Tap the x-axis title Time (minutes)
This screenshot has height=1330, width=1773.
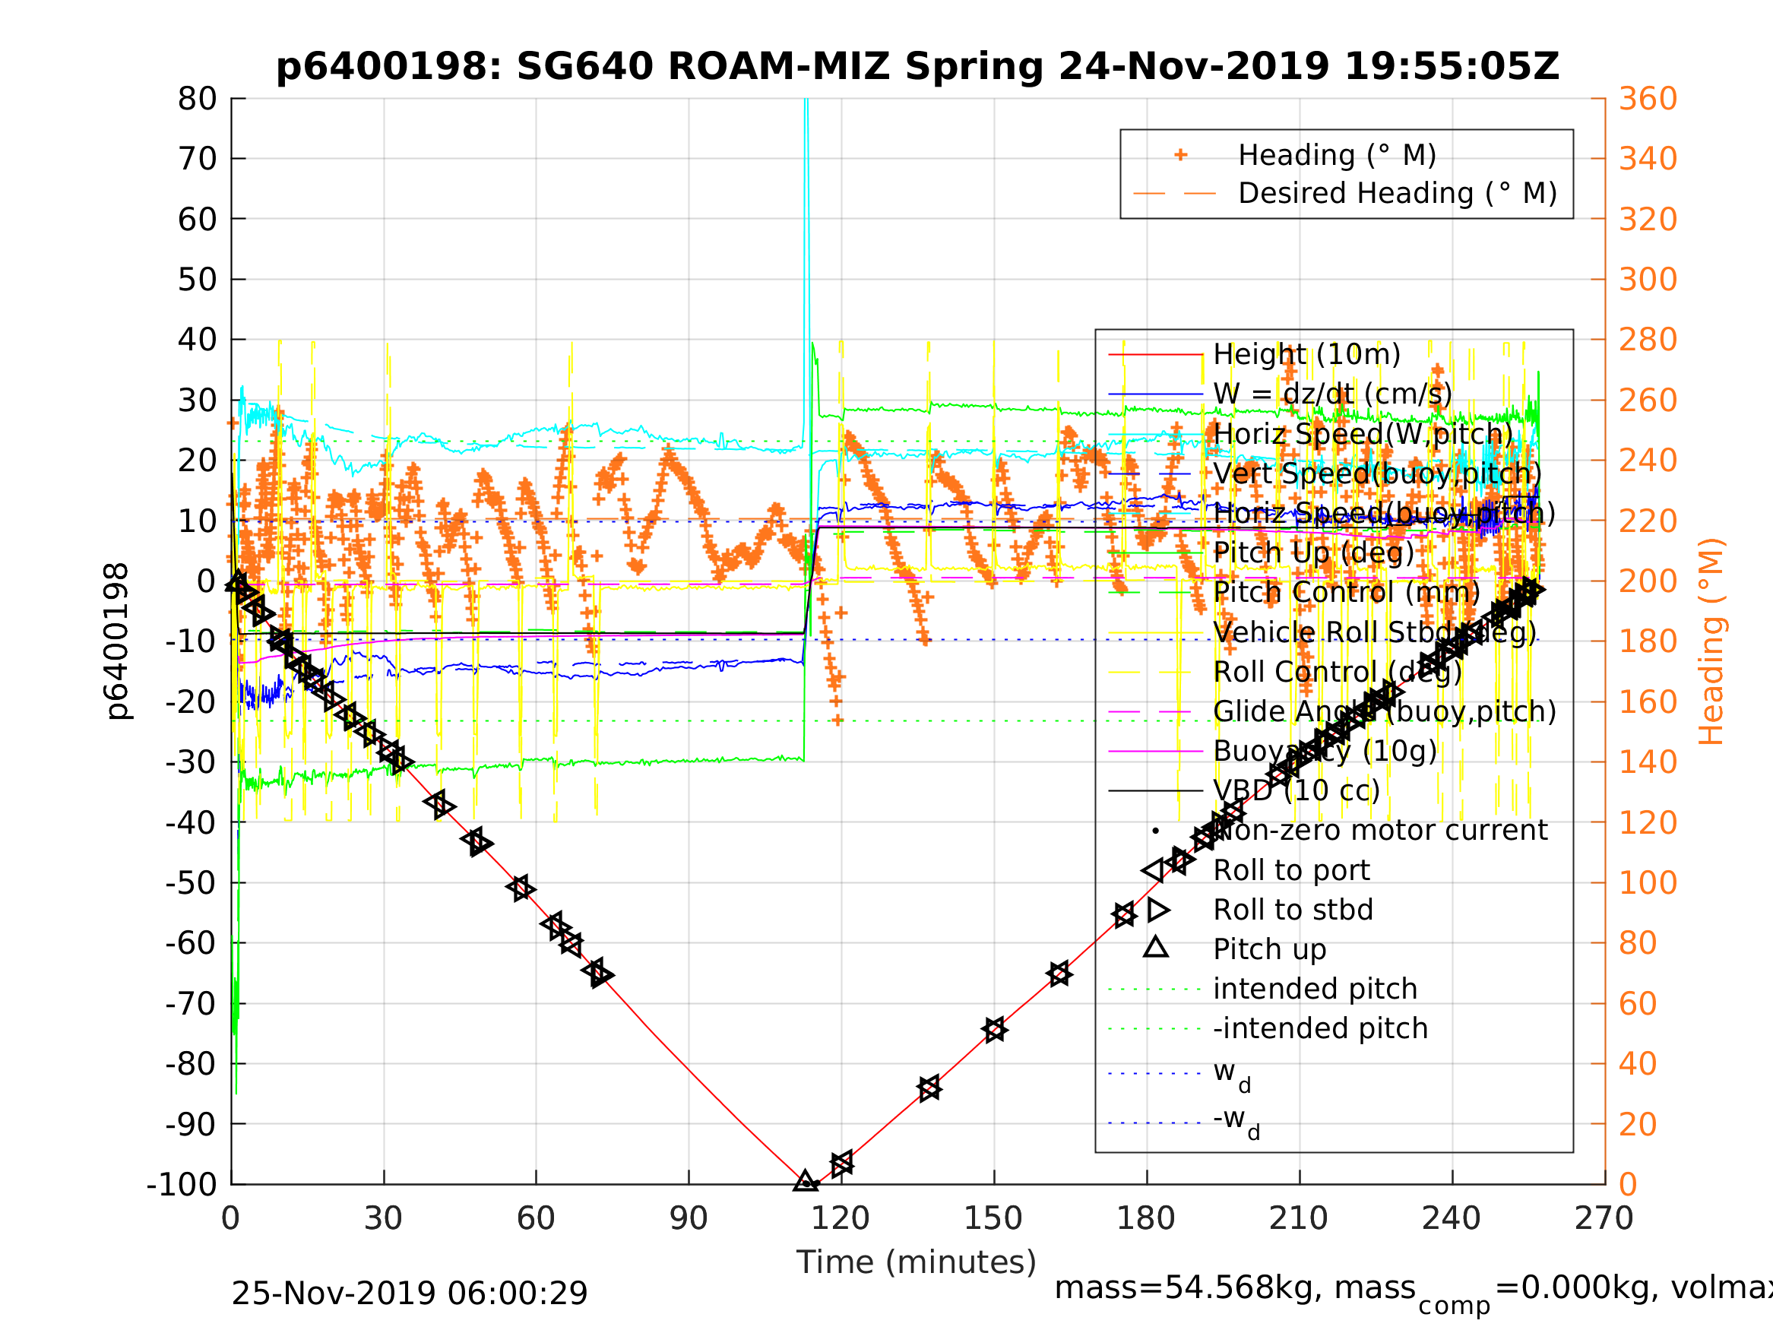pyautogui.click(x=917, y=1262)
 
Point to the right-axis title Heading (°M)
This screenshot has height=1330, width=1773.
pyautogui.click(x=1711, y=641)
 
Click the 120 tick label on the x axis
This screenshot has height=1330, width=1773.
pyautogui.click(x=840, y=1218)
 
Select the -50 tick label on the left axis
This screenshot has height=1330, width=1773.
pyautogui.click(x=191, y=882)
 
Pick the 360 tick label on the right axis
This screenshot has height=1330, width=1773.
pyautogui.click(x=1648, y=99)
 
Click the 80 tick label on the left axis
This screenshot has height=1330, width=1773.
pyautogui.click(x=197, y=99)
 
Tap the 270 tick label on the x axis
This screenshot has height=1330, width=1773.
pyautogui.click(x=1604, y=1218)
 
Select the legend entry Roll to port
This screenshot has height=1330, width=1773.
pyautogui.click(x=1291, y=870)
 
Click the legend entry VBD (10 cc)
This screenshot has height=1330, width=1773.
pyautogui.click(x=1296, y=790)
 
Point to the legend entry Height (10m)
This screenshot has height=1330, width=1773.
pyautogui.click(x=1306, y=353)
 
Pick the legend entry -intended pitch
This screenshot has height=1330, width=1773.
pyautogui.click(x=1320, y=1028)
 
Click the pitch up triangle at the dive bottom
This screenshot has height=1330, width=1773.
pyautogui.click(x=806, y=1181)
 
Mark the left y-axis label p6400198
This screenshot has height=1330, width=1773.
pyautogui.click(x=117, y=641)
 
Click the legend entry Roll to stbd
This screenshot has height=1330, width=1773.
pyautogui.click(x=1293, y=910)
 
